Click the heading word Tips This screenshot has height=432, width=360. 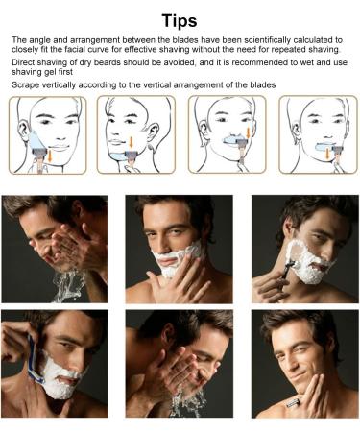click(x=180, y=18)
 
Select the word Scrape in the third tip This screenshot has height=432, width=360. click(x=29, y=85)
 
